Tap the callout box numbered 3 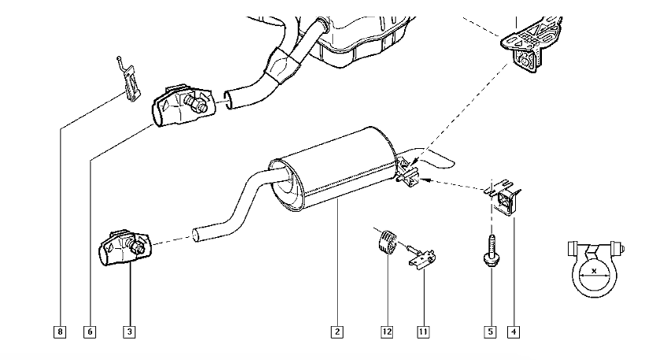coord(128,332)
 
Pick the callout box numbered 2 coord(337,332)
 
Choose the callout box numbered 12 coord(387,332)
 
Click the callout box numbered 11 coord(424,332)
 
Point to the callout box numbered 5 coord(490,332)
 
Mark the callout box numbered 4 coord(514,332)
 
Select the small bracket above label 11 coord(422,256)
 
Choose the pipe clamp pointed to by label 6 coord(180,106)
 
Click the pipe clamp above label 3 coord(124,247)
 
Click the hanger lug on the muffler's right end coord(409,176)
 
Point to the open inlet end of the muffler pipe coord(196,235)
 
